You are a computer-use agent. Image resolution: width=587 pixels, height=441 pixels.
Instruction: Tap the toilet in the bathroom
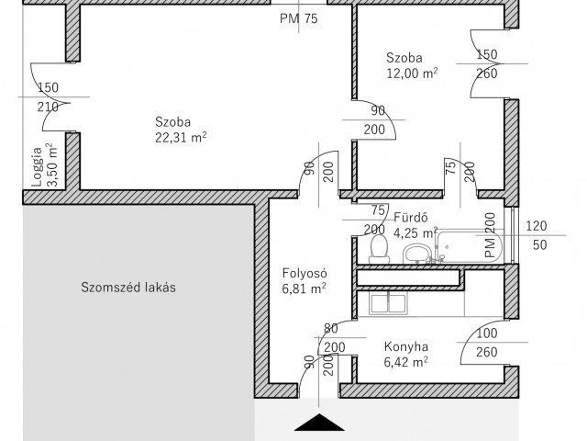click(379, 249)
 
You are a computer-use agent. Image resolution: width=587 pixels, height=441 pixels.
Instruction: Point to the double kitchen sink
click(388, 303)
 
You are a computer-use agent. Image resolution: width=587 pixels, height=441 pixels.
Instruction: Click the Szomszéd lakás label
click(128, 288)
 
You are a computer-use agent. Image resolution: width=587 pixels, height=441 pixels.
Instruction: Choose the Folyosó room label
click(305, 273)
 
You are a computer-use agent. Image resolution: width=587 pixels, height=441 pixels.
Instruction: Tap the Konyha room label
click(406, 346)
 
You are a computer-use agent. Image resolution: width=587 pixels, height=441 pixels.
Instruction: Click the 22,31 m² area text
click(181, 138)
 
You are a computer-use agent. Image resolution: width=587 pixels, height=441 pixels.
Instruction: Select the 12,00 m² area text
click(412, 73)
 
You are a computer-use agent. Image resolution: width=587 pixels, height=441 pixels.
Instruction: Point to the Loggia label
click(37, 167)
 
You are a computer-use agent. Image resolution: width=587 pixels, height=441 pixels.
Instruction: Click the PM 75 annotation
click(299, 18)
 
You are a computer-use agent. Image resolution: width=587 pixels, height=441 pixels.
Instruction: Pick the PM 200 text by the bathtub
click(490, 235)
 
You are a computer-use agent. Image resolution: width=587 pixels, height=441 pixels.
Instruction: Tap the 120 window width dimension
click(536, 226)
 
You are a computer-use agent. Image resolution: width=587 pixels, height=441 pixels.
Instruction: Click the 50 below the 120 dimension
click(540, 245)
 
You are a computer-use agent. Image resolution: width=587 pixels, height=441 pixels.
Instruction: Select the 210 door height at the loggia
click(48, 107)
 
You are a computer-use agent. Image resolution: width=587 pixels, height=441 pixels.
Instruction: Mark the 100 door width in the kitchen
click(487, 333)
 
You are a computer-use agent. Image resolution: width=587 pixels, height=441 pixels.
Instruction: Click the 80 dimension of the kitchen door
click(330, 329)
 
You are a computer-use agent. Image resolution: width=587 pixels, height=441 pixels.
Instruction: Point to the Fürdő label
click(411, 218)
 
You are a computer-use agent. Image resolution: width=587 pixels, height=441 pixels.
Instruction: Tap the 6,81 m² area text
click(304, 288)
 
